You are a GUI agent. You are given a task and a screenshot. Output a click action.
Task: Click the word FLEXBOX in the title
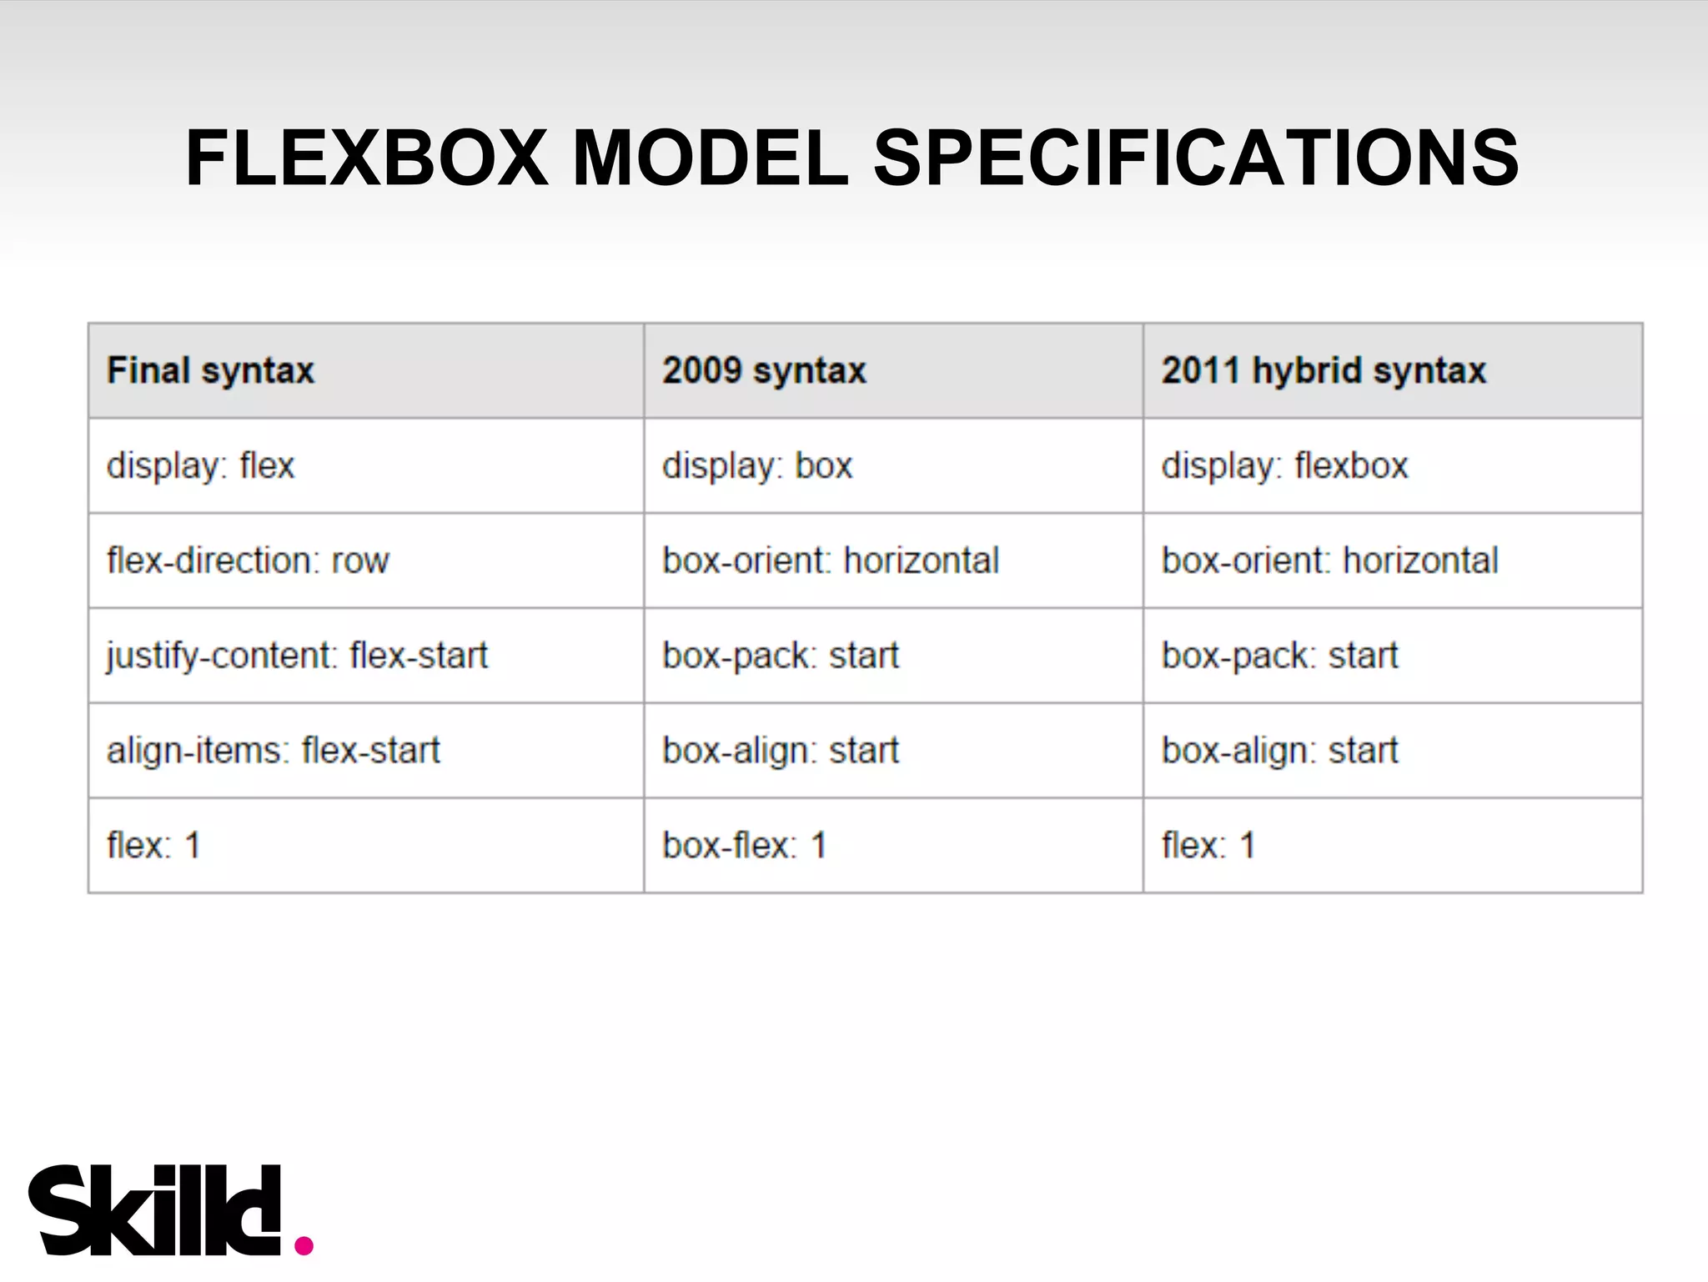(366, 158)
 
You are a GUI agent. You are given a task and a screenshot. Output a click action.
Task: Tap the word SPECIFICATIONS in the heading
(1196, 158)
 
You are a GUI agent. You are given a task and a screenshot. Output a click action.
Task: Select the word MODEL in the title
(710, 158)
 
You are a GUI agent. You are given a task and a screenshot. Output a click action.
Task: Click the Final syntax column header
(210, 370)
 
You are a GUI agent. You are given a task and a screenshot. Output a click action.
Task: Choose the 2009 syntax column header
(764, 370)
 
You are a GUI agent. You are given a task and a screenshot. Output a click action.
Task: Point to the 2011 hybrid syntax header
(1324, 370)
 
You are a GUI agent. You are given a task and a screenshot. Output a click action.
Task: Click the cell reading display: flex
(200, 465)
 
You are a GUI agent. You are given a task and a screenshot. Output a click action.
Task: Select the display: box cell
(757, 465)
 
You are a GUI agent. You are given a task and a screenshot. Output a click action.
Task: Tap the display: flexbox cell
(1284, 465)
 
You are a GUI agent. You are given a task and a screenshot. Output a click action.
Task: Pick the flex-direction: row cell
(248, 561)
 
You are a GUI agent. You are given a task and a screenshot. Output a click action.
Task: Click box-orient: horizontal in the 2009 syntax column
(831, 561)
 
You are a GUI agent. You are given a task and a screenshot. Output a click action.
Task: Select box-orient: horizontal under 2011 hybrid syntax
(1330, 561)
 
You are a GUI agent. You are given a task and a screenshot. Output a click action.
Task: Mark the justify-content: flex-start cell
(297, 656)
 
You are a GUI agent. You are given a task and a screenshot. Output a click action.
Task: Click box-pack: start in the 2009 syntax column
(781, 656)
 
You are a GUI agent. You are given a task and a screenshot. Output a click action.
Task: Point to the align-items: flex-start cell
(273, 751)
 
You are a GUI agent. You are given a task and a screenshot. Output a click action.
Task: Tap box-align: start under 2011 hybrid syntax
(1279, 751)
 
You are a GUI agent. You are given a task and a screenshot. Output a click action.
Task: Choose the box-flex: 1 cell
(744, 846)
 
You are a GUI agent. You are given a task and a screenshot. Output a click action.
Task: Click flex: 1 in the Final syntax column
(153, 846)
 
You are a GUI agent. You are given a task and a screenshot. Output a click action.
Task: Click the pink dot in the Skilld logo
(304, 1245)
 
